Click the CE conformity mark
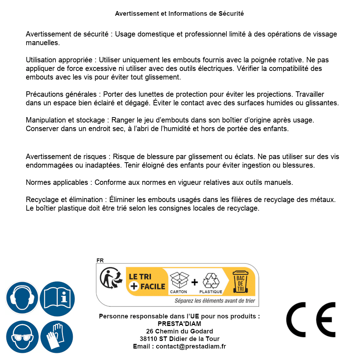point(311,320)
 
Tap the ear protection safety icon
point(22,298)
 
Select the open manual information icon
point(57,298)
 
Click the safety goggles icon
point(22,337)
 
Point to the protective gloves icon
point(57,337)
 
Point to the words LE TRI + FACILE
point(147,282)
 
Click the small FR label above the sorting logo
point(100,260)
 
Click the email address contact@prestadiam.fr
point(191,346)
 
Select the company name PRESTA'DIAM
point(179,324)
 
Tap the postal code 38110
point(148,339)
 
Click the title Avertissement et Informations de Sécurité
point(179,14)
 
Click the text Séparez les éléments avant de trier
point(215,301)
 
